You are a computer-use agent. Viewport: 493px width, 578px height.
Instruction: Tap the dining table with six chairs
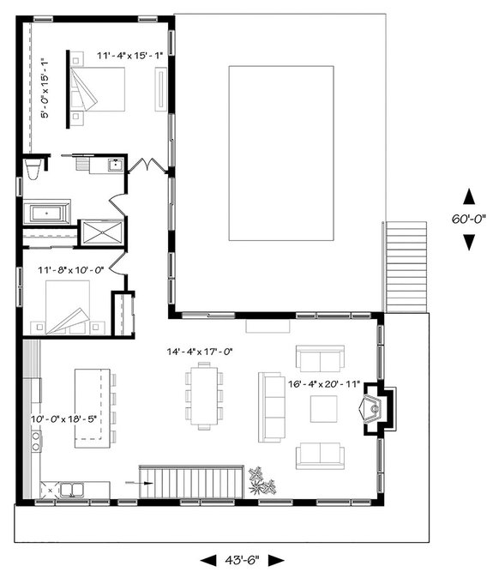point(203,395)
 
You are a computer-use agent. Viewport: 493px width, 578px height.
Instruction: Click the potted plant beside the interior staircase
point(260,482)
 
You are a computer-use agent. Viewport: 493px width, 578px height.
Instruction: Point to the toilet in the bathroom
point(33,169)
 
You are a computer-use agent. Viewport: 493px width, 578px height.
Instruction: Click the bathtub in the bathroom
point(46,212)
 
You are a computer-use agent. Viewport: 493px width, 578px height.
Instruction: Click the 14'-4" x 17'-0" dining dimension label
point(200,351)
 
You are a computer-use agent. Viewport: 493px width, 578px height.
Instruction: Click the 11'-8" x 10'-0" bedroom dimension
point(69,269)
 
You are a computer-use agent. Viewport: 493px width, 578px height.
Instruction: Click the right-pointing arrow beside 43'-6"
point(275,561)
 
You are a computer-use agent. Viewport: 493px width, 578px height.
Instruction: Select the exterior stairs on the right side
point(406,267)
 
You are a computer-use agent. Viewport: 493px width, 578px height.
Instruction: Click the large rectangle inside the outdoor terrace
point(281,153)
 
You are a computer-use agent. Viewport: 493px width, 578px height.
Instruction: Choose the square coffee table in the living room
point(324,408)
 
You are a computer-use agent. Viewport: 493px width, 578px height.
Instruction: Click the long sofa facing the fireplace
point(271,407)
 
